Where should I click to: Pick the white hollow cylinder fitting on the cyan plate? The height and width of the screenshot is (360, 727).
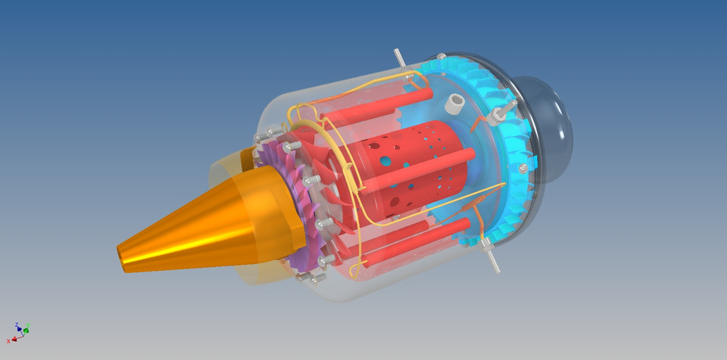coord(454,104)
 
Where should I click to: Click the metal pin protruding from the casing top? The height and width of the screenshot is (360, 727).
coord(399,59)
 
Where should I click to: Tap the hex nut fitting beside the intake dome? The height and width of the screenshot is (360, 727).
coord(499,116)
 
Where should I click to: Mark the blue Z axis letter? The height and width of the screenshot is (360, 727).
coord(16,325)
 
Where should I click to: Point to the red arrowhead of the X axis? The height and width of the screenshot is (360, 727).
coord(14,339)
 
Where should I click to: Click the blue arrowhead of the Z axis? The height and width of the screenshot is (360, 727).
coord(18,329)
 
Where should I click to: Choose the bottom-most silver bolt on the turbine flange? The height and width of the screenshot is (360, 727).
coord(300,278)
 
